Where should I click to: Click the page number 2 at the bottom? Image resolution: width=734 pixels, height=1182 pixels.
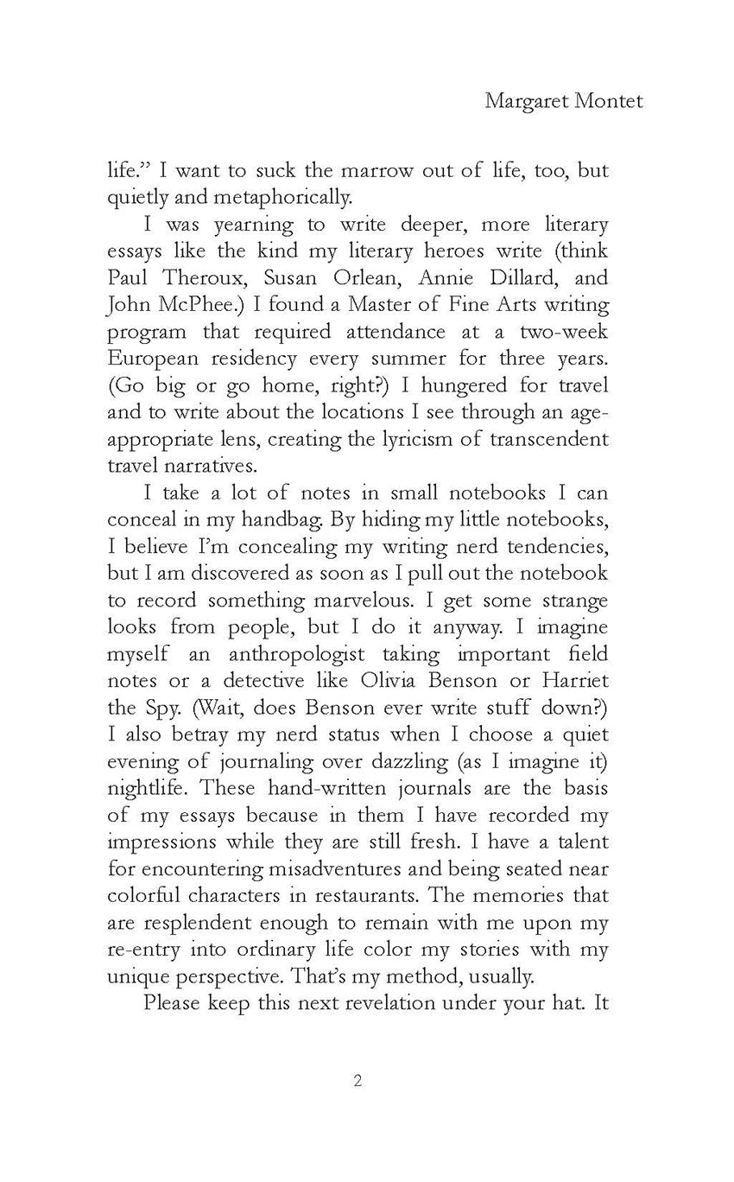(358, 1081)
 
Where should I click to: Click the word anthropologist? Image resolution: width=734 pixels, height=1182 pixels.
(297, 654)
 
